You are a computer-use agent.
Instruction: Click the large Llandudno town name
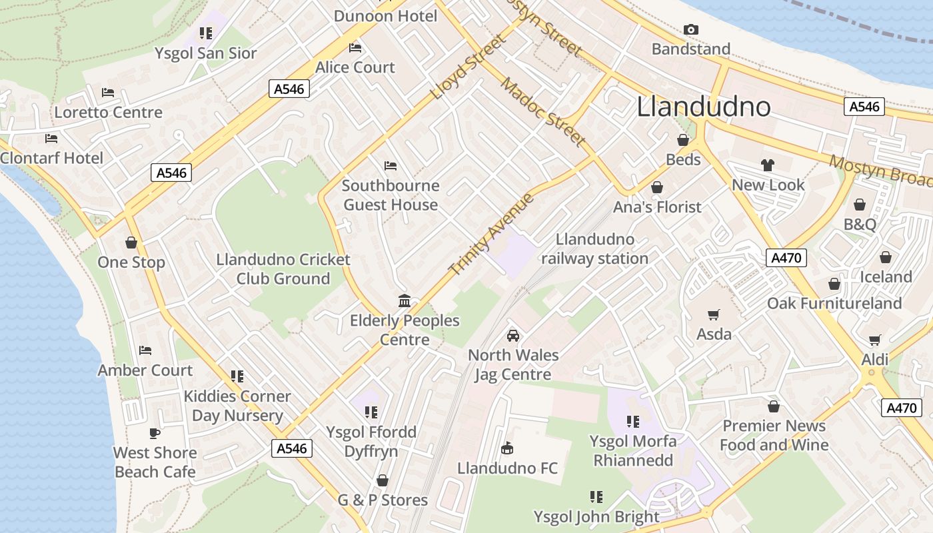[703, 107]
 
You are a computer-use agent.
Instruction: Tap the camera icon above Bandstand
[691, 29]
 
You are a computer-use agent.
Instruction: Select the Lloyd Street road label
[469, 67]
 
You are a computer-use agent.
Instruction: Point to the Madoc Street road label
[543, 112]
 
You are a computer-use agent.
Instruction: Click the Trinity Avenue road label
[492, 234]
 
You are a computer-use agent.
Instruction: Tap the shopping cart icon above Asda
[714, 314]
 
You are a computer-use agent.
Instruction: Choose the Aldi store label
[874, 360]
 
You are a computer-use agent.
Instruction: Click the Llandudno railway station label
[594, 249]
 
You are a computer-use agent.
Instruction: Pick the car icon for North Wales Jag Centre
[512, 336]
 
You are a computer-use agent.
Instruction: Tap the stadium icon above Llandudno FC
[507, 448]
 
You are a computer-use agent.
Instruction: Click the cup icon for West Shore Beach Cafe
[155, 433]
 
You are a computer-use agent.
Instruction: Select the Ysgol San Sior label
[205, 53]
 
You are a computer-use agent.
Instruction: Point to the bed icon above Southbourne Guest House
[391, 165]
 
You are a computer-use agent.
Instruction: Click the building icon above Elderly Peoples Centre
[405, 301]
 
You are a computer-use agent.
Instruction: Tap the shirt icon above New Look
[768, 165]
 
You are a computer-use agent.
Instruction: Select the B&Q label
[860, 225]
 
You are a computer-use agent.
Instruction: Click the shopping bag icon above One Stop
[131, 243]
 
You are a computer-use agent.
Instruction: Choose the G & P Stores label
[383, 500]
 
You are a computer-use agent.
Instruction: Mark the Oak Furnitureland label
[834, 304]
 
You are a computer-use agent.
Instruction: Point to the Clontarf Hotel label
[52, 158]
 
